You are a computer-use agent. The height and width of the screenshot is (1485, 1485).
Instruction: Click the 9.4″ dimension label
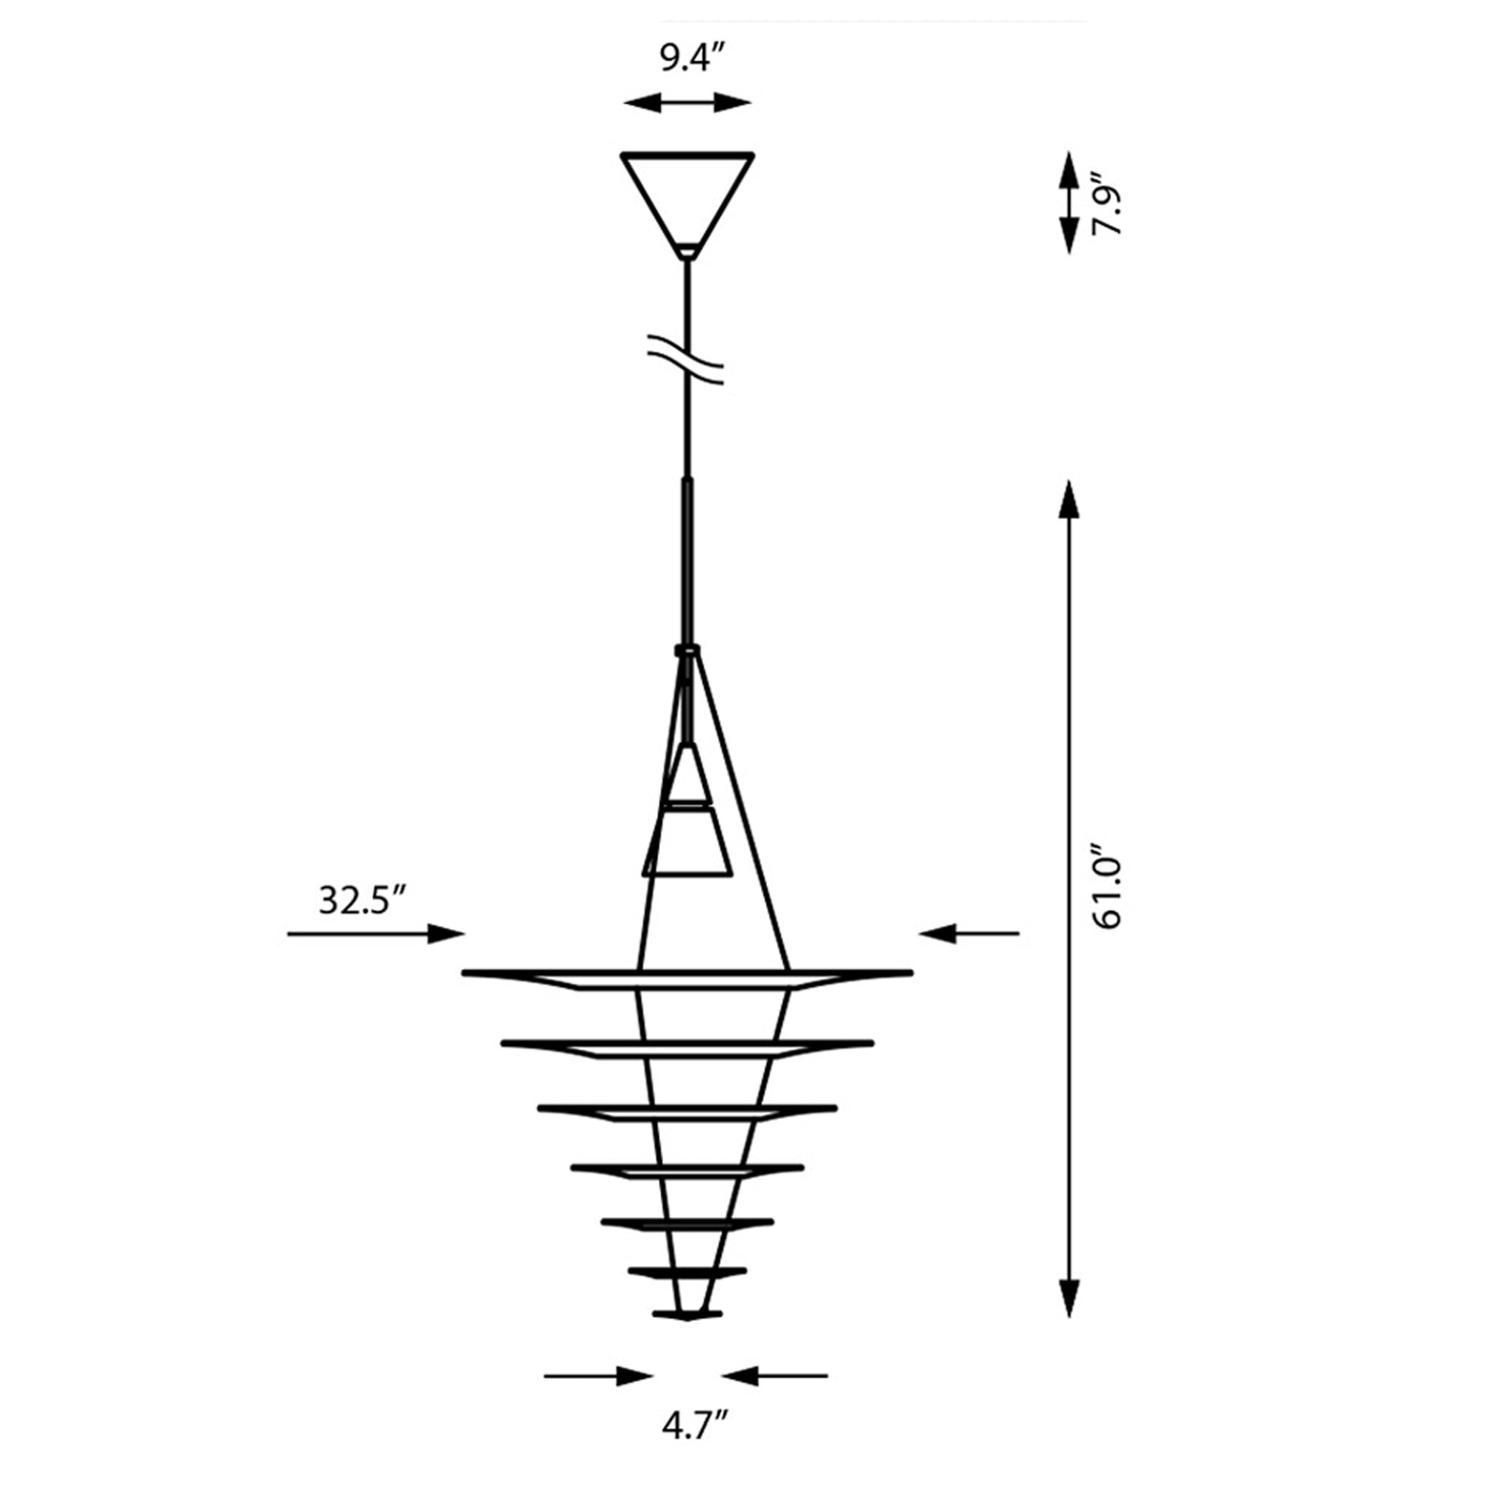click(693, 59)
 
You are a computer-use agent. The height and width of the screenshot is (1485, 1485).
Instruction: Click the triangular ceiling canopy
click(686, 203)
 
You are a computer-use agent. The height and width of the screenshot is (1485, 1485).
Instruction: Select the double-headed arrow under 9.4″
click(687, 102)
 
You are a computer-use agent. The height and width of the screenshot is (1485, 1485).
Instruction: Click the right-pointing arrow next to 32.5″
click(376, 934)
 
